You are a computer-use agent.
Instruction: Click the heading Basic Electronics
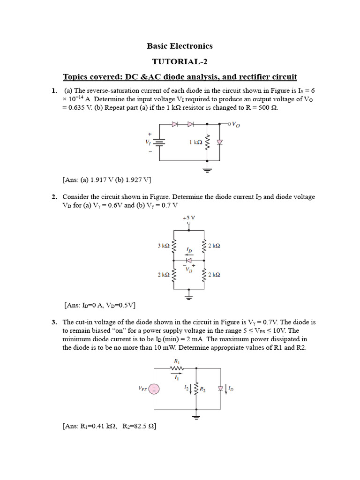tap(180, 46)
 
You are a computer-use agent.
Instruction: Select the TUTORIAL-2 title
tap(180, 61)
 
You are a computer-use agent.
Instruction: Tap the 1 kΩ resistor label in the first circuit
tap(196, 142)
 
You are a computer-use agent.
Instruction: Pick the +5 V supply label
tap(188, 217)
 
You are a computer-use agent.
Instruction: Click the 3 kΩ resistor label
tap(164, 245)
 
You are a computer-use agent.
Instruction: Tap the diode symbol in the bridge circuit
tap(189, 260)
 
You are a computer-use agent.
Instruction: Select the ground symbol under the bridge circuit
tap(189, 296)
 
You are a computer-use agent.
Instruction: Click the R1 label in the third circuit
tap(177, 361)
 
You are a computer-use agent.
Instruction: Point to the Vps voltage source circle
tap(155, 389)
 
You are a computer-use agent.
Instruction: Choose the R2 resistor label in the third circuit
tap(203, 389)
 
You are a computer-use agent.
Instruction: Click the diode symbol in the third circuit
tap(220, 389)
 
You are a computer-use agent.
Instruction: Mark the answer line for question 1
tap(106, 180)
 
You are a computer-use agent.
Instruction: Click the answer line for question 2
tap(99, 305)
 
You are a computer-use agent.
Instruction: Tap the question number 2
tap(54, 197)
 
